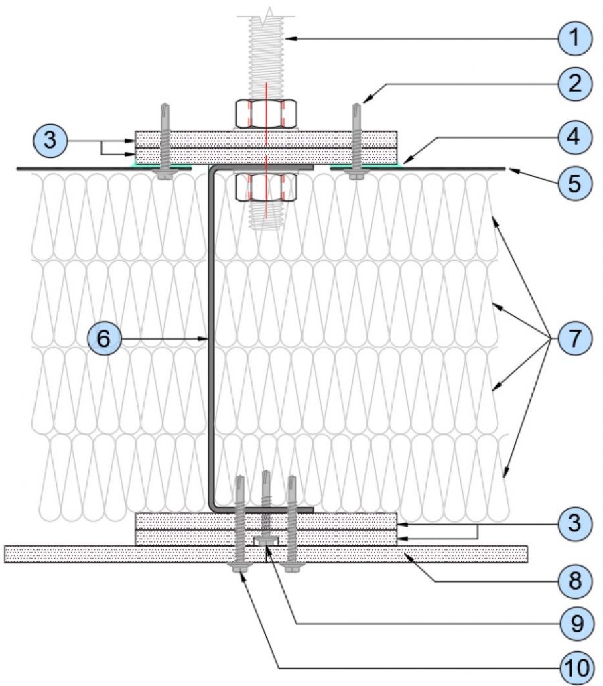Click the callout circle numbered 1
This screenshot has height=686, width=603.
(575, 38)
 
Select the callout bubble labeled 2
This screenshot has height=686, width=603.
(575, 83)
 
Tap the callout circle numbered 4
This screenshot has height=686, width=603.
(575, 137)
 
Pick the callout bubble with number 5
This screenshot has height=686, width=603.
(575, 184)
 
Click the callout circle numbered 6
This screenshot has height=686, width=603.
(104, 338)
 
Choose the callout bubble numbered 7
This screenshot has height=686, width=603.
(575, 338)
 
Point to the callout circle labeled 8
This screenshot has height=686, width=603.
(575, 581)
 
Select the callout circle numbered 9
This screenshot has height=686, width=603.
(577, 624)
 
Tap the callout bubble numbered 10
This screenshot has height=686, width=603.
(577, 668)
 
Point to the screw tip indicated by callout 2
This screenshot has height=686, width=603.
(357, 105)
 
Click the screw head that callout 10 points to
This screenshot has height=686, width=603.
(239, 567)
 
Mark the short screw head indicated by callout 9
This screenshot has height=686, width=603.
(265, 541)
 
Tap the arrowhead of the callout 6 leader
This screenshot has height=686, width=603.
(204, 338)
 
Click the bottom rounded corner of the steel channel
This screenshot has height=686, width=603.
(212, 506)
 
